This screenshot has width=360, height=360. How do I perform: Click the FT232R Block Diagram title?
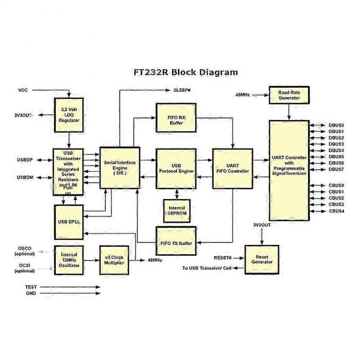[x=185, y=72]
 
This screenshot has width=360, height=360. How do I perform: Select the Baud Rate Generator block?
[x=289, y=95]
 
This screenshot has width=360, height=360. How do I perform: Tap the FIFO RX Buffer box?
[x=176, y=118]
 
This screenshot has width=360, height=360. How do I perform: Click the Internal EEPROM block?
[x=177, y=211]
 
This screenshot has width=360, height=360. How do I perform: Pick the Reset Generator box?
[x=262, y=260]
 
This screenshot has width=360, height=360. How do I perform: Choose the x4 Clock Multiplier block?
[x=114, y=260]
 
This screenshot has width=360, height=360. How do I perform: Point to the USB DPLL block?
[x=69, y=222]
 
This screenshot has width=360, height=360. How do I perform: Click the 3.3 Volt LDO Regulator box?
[x=69, y=115]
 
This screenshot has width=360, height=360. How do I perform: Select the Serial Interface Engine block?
[x=120, y=168]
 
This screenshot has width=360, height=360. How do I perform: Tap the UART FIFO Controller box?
[x=233, y=168]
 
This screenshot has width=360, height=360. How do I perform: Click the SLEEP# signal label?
[x=182, y=90]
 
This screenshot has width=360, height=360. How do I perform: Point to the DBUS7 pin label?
[x=336, y=170]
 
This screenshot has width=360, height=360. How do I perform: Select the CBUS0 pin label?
[x=336, y=185]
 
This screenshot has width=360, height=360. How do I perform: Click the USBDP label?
[x=25, y=160]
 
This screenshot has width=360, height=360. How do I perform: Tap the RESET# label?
[x=222, y=258]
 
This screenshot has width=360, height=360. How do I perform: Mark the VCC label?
[x=23, y=90]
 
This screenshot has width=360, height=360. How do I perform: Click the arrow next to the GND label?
[x=70, y=293]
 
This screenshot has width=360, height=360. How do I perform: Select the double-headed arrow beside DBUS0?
[x=318, y=126]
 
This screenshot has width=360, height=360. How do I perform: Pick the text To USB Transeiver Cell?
[x=207, y=268]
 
